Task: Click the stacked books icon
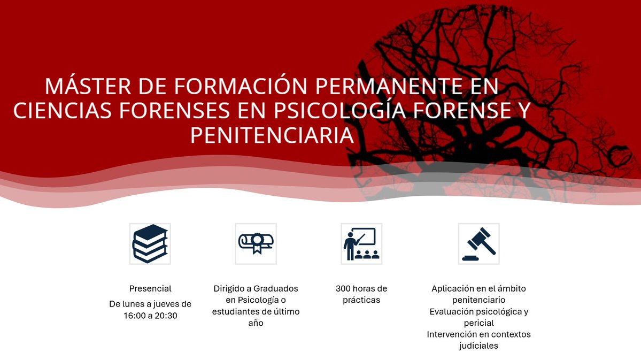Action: pos(150,243)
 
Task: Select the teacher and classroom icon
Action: pos(361,243)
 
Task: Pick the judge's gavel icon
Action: pos(478,243)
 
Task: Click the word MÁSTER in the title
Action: pos(87,87)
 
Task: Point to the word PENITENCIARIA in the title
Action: pos(272,135)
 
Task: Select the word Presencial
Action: pos(150,289)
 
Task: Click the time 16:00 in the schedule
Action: pos(135,316)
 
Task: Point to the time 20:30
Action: pos(166,316)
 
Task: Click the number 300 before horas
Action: pos(344,289)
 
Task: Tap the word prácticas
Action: pos(361,300)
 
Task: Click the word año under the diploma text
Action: pos(256,323)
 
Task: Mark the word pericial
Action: pos(478,323)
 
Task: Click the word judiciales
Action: pos(478,346)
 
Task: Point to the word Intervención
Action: pos(452,334)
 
